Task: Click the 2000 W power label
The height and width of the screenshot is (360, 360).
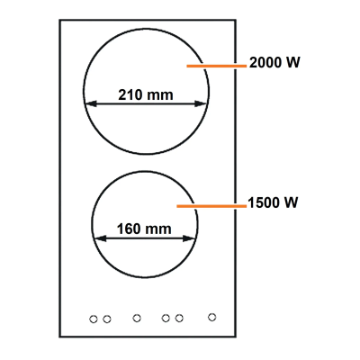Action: (x=274, y=63)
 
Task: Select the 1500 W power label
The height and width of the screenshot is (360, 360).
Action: (x=273, y=202)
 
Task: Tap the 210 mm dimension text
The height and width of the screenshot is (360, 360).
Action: (x=146, y=94)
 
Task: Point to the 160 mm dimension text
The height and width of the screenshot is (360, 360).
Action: (x=144, y=229)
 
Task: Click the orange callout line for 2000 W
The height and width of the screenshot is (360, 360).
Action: (x=216, y=66)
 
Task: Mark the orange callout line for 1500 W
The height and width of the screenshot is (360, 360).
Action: (x=211, y=206)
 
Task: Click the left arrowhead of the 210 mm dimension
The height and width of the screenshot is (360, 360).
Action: (x=91, y=103)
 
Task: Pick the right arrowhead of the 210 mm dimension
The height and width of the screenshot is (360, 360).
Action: (x=201, y=103)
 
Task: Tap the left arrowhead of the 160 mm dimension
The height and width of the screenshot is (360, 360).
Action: (x=101, y=238)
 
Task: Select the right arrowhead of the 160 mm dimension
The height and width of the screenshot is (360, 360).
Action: (x=189, y=238)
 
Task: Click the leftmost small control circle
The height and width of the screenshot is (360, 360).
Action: (x=94, y=319)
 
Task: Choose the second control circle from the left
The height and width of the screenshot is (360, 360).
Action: (x=107, y=319)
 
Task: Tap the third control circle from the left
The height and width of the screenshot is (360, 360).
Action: (x=137, y=318)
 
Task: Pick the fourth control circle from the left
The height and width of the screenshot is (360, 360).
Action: (x=166, y=318)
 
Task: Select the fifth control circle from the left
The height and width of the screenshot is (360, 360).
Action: (x=179, y=318)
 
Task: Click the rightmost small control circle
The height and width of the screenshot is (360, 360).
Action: (x=212, y=317)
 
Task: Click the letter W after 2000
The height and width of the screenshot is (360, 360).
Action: (x=292, y=63)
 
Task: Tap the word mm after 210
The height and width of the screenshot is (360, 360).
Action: (x=159, y=96)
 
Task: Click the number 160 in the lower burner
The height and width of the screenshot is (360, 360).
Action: (x=129, y=229)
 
